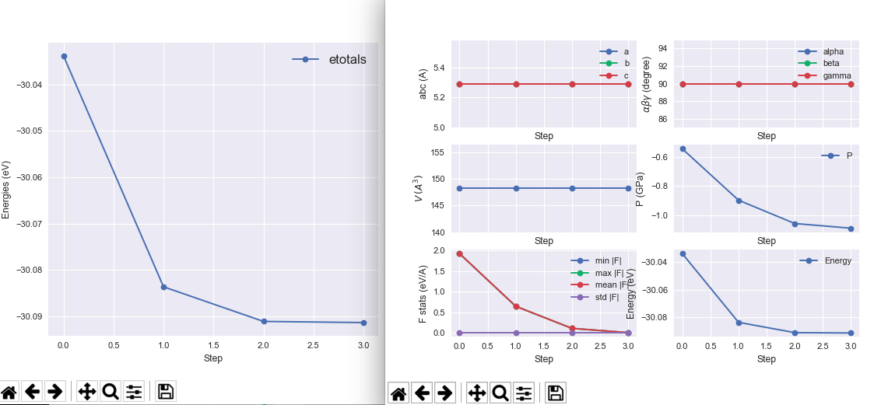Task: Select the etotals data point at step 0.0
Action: (x=64, y=56)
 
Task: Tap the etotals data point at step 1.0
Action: (x=163, y=287)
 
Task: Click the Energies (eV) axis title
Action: (x=7, y=190)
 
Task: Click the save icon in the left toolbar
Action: (x=165, y=392)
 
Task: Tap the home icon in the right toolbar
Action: (x=398, y=393)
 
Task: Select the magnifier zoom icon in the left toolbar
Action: (x=111, y=392)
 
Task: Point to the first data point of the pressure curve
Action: (x=683, y=148)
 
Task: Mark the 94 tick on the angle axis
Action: (x=662, y=48)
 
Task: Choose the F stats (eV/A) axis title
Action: (x=423, y=292)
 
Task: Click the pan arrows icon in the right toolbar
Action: (x=476, y=393)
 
